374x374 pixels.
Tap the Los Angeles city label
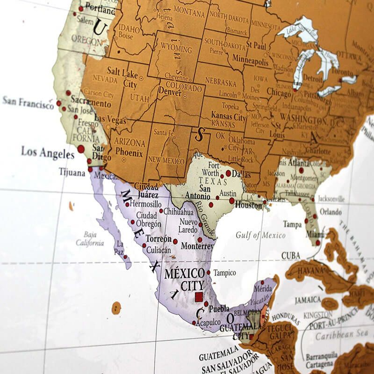pyautogui.click(x=48, y=152)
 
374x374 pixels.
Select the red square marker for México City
pyautogui.click(x=199, y=296)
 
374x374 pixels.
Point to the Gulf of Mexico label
pyautogui.click(x=261, y=235)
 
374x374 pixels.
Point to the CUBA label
pyautogui.click(x=291, y=256)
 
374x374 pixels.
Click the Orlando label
pyautogui.click(x=331, y=212)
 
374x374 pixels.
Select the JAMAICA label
pyautogui.click(x=308, y=300)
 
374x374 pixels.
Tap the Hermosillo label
pyautogui.click(x=146, y=204)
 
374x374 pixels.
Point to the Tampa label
pyautogui.click(x=293, y=224)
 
